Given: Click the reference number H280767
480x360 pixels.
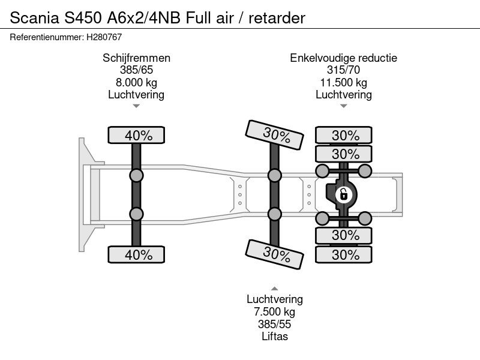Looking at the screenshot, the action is pyautogui.click(x=104, y=37).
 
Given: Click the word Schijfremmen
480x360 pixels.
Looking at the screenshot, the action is pyautogui.click(x=137, y=58).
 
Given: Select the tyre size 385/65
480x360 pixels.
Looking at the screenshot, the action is pyautogui.click(x=137, y=70).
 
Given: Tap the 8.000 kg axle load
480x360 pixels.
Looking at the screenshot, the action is pyautogui.click(x=137, y=82).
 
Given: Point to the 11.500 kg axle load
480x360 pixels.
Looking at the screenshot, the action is pyautogui.click(x=343, y=82).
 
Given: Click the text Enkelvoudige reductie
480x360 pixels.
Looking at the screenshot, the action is pyautogui.click(x=343, y=58).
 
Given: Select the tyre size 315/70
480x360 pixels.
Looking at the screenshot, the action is pyautogui.click(x=343, y=70).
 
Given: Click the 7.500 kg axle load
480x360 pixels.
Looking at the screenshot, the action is pyautogui.click(x=275, y=311).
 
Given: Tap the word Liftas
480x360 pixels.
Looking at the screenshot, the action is pyautogui.click(x=275, y=336).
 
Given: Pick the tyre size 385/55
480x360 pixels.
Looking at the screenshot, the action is pyautogui.click(x=275, y=324).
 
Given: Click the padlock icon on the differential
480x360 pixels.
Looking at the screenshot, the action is pyautogui.click(x=343, y=194).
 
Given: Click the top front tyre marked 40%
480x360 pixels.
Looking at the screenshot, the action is pyautogui.click(x=136, y=135).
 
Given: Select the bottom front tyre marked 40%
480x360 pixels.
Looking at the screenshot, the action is pyautogui.click(x=136, y=254).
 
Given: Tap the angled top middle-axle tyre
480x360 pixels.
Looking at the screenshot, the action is pyautogui.click(x=275, y=134).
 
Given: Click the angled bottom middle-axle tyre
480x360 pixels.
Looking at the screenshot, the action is pyautogui.click(x=275, y=254).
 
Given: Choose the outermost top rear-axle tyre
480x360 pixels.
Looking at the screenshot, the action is pyautogui.click(x=343, y=135).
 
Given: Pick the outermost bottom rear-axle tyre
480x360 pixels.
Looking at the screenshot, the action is pyautogui.click(x=343, y=254).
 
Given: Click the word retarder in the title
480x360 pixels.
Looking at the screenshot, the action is pyautogui.click(x=277, y=18).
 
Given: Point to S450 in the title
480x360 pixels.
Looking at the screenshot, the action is pyautogui.click(x=83, y=18).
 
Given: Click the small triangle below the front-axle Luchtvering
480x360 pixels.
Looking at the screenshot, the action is pyautogui.click(x=137, y=106).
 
